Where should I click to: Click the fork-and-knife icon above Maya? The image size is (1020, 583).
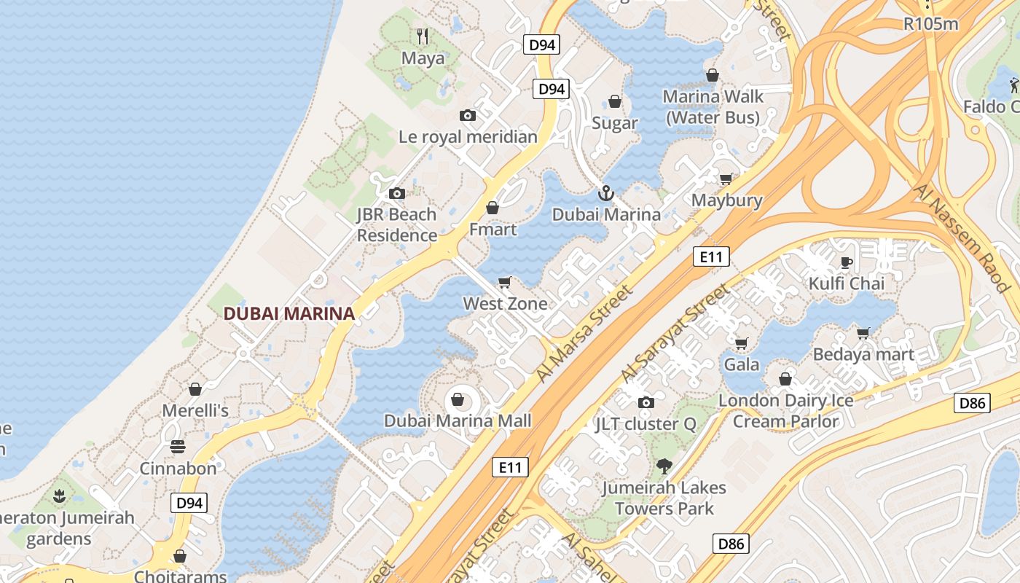422,35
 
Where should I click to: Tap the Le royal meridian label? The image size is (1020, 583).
468,136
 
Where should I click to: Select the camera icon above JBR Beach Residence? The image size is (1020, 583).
396,193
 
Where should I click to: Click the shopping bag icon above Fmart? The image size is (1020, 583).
493,208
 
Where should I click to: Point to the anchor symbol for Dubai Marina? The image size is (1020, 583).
605,193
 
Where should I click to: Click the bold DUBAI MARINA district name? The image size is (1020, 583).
289,314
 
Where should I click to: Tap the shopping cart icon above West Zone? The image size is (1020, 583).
504,282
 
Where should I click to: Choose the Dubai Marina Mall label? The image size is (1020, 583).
458,420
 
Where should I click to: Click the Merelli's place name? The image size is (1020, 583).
195,410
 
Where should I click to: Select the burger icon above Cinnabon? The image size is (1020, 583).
178,447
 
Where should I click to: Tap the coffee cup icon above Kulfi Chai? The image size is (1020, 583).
846,262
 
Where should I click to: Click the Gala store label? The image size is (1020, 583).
742,364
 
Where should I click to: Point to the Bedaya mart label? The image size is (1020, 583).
863,355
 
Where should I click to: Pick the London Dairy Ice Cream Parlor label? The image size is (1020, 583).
785,411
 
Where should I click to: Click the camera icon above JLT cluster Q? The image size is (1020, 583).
646,402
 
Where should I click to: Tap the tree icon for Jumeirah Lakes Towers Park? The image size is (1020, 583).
664,466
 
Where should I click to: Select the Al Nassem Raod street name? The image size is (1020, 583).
965,237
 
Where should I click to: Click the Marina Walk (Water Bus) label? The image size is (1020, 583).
713,106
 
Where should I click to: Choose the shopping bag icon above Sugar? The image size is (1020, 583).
615,101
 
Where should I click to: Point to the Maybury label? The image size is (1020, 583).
726,200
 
